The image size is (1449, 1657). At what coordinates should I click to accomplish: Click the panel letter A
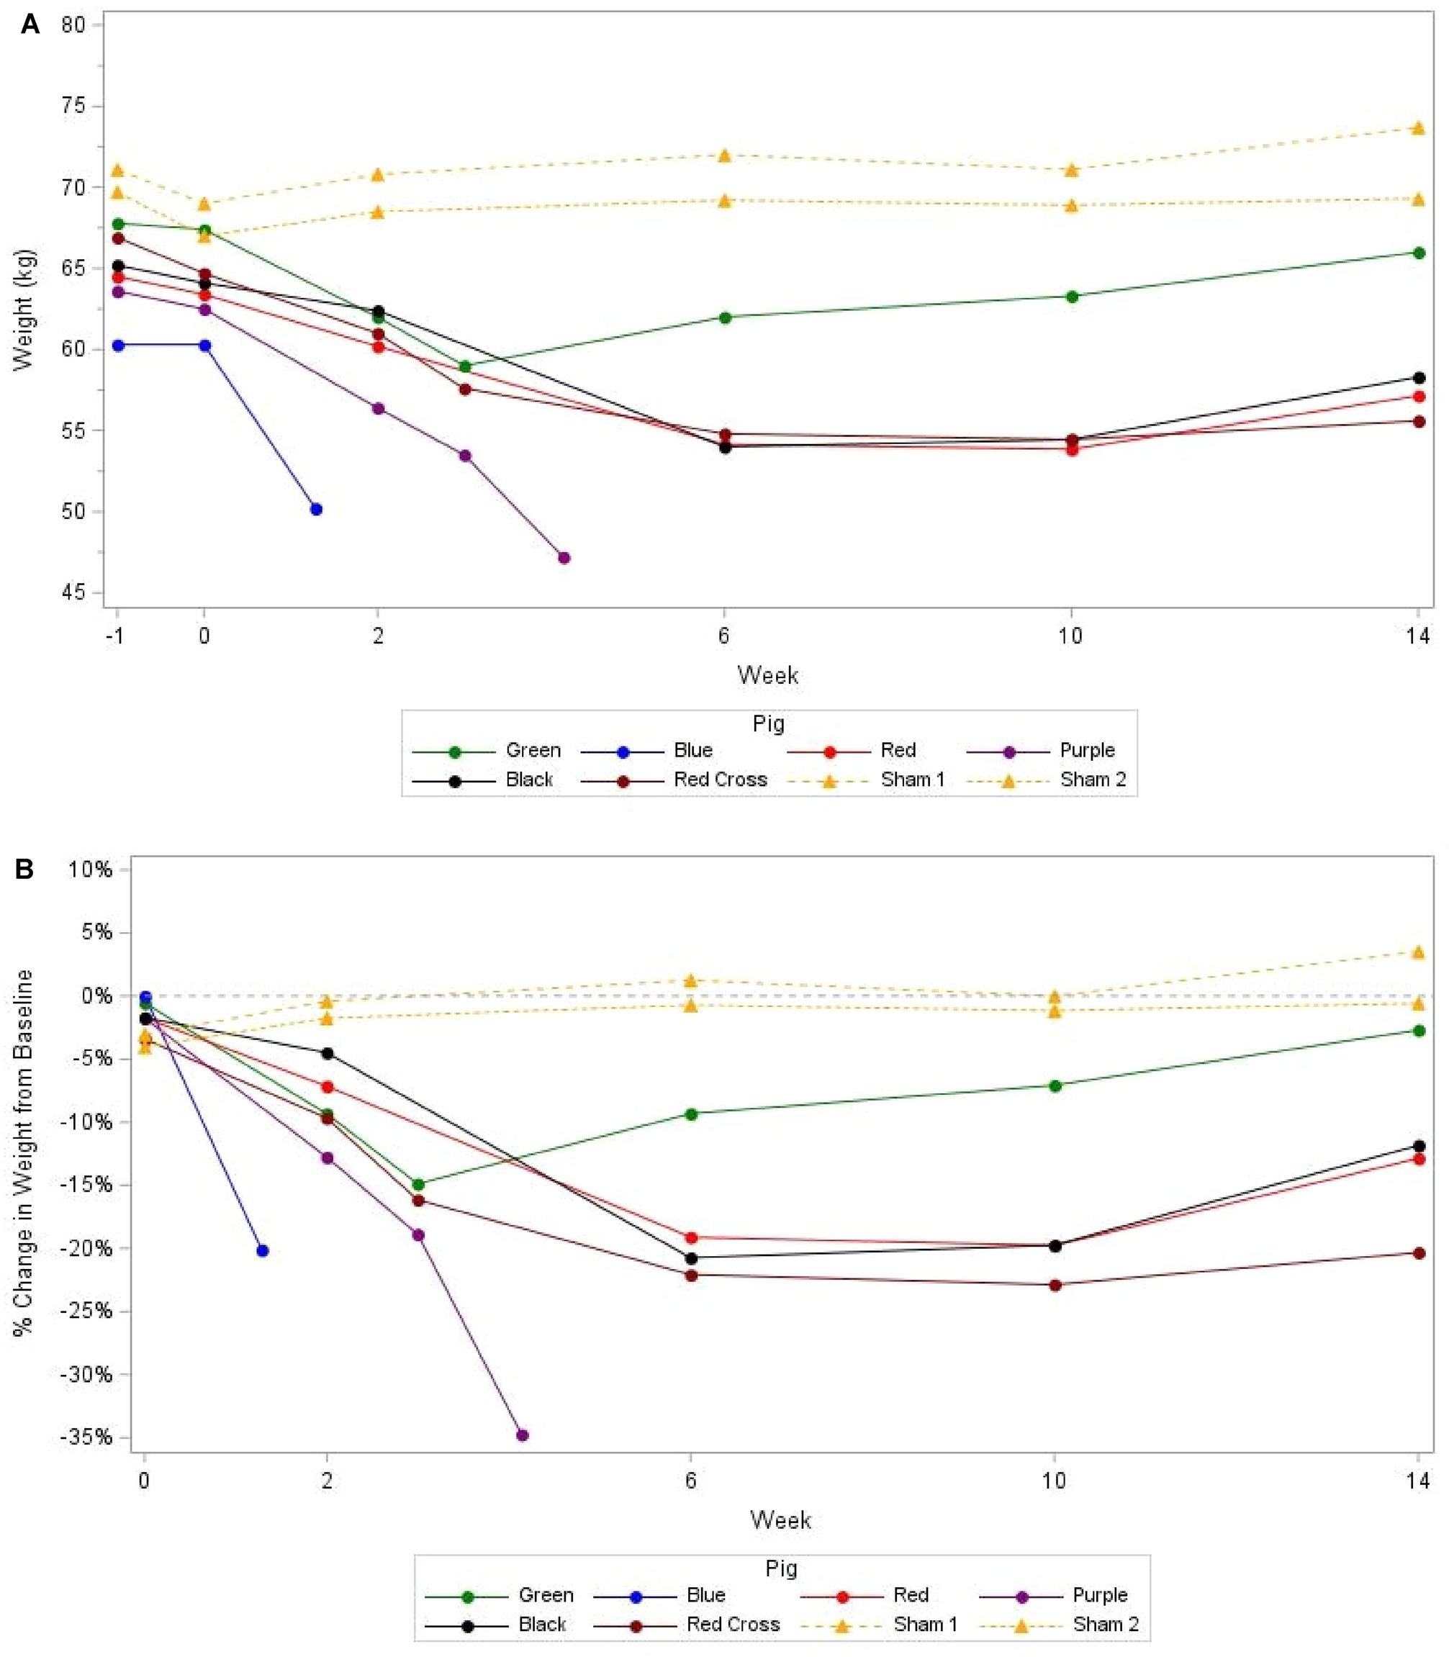[30, 24]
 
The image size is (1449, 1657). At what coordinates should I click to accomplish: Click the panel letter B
[24, 870]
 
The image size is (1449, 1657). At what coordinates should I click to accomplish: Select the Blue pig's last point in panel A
[316, 510]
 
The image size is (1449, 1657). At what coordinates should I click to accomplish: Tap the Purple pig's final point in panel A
[564, 558]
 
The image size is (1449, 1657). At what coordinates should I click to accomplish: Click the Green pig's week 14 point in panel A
[1417, 253]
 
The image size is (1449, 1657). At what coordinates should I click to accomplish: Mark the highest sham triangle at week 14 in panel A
[1417, 128]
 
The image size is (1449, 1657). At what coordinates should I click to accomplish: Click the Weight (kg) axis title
[24, 309]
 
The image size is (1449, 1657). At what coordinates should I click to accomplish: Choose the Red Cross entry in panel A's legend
[720, 780]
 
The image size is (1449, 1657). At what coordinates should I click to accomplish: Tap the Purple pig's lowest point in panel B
[523, 1435]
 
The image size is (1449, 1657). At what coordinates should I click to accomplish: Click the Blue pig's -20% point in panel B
[262, 1251]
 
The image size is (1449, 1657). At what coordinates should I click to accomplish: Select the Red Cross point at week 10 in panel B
[1055, 1285]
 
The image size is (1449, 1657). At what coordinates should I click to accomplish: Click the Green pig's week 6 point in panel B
[690, 1114]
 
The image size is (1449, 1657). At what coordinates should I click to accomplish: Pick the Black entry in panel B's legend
[542, 1624]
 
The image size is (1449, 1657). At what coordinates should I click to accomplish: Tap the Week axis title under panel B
[780, 1520]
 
